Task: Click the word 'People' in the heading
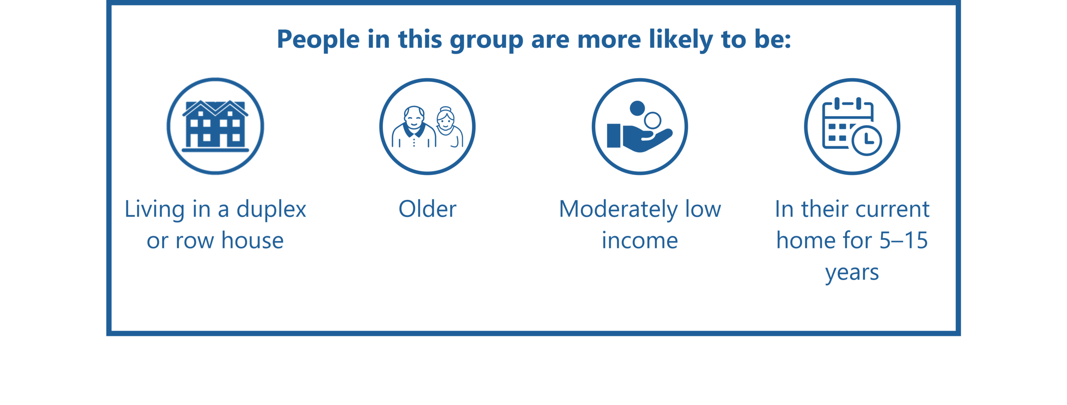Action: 318,40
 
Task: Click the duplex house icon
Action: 215,126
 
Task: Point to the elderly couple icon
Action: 427,127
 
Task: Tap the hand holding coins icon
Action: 640,127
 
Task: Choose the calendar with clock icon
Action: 852,127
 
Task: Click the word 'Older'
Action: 427,209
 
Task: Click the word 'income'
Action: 640,241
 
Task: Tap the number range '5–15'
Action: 904,241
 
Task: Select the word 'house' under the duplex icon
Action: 253,241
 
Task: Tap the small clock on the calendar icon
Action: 867,140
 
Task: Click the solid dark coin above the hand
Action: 637,108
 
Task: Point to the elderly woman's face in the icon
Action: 446,120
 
